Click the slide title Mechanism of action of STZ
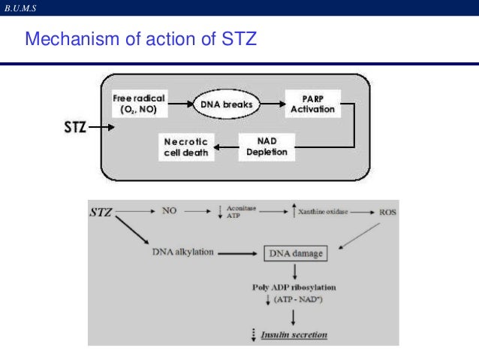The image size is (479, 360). coord(141,38)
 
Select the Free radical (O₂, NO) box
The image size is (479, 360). coord(138,104)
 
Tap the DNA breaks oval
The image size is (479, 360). coord(225,104)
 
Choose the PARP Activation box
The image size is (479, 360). coord(312,104)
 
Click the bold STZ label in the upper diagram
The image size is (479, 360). coord(72,127)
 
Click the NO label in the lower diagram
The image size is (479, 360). coord(170,212)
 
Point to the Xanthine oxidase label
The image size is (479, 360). coord(325,213)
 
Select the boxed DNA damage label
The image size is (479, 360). coord(295,253)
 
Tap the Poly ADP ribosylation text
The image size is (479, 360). coord(294,288)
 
